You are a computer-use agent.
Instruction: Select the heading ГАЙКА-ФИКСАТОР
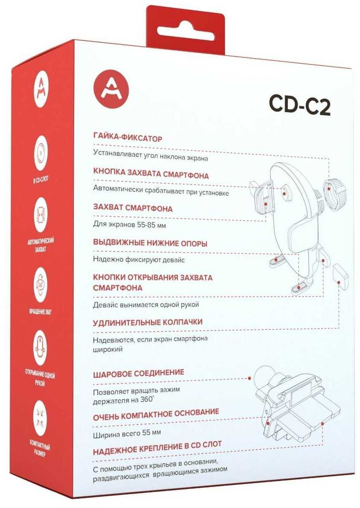click(128, 138)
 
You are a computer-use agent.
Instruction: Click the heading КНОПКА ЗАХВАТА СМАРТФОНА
click(151, 175)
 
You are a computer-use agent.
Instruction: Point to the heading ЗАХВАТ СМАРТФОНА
click(133, 208)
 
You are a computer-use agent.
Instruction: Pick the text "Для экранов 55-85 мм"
click(129, 225)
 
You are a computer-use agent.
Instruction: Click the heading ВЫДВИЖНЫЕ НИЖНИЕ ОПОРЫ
click(150, 243)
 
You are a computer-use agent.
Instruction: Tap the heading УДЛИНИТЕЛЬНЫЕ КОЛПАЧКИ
click(148, 323)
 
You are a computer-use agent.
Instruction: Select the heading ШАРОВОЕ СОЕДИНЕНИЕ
click(139, 373)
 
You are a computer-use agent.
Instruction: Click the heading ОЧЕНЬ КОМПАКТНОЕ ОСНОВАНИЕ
click(156, 413)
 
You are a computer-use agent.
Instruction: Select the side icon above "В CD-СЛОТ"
click(40, 151)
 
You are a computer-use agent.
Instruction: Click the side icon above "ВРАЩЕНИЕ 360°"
click(40, 284)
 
